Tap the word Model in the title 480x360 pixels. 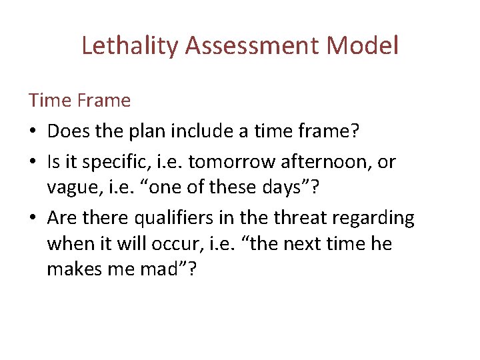369,46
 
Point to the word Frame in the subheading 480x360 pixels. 104,101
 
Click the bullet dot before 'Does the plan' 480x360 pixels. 33,132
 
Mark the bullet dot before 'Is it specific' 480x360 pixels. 33,161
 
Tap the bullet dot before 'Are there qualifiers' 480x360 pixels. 33,218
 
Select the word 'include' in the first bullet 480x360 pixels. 201,131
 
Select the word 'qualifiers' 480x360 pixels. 176,218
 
